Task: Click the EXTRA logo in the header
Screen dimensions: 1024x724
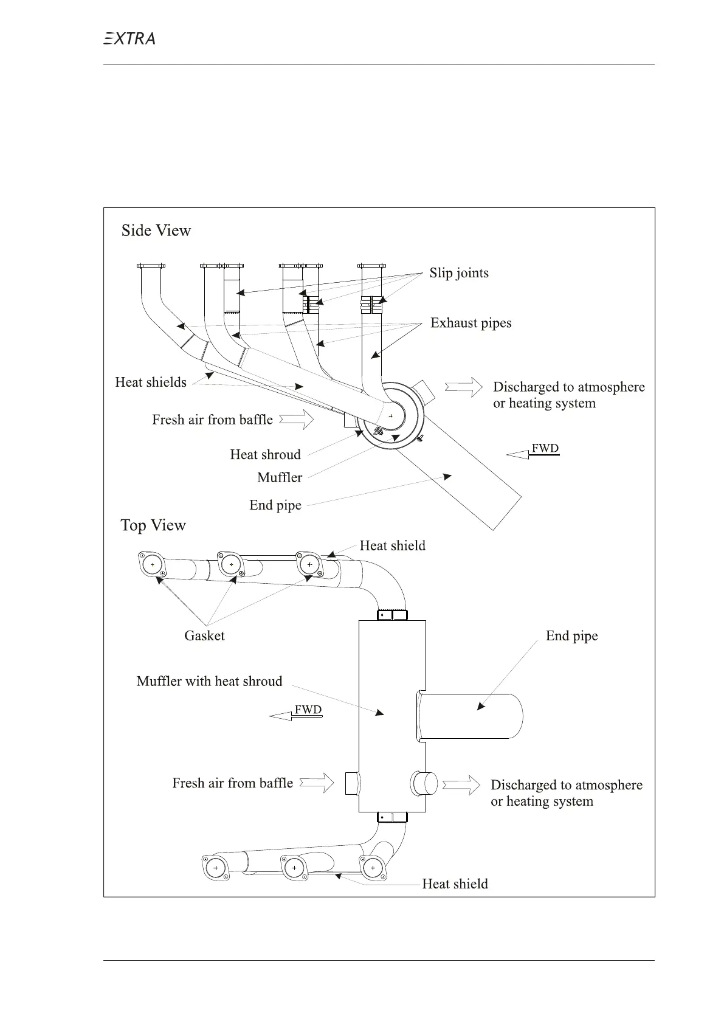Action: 129,39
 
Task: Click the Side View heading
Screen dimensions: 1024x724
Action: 156,230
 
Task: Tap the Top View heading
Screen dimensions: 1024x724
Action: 153,525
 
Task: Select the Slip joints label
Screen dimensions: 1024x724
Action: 459,273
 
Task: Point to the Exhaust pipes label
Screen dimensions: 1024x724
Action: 471,323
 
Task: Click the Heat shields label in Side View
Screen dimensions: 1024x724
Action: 151,382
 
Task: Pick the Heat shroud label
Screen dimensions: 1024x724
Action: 265,455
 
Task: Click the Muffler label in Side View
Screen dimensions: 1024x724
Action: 280,478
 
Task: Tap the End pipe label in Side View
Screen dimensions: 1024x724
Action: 275,505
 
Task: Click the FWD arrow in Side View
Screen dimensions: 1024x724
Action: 533,451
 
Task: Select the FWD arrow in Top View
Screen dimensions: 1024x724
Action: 295,713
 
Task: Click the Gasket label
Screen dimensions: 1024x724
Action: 204,636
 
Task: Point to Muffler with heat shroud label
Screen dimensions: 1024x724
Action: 210,681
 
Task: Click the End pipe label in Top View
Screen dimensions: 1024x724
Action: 571,636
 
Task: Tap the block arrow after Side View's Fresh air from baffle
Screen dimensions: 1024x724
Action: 296,420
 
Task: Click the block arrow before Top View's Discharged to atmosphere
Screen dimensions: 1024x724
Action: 461,784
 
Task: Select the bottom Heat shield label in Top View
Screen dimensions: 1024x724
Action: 455,884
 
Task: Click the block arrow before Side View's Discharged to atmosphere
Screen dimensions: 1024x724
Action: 464,387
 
